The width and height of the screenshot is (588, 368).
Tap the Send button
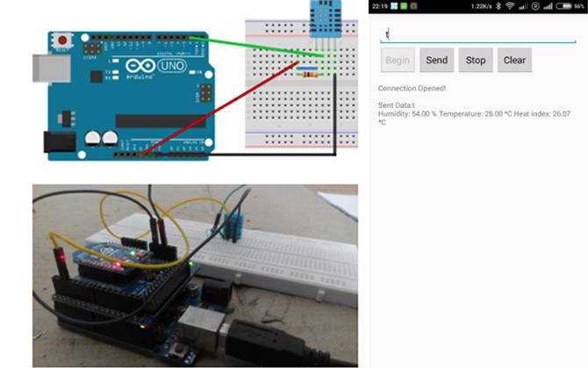tap(436, 61)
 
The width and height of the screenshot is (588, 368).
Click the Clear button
tap(514, 61)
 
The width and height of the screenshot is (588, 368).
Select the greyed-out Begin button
tap(398, 61)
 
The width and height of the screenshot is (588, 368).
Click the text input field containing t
tap(477, 34)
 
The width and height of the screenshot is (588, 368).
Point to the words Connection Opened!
tap(412, 88)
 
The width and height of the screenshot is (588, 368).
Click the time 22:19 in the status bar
tap(380, 6)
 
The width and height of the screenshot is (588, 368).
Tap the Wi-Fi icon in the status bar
tap(510, 6)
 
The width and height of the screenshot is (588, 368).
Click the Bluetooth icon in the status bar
tap(496, 6)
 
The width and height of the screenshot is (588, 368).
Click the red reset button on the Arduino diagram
tap(63, 40)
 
